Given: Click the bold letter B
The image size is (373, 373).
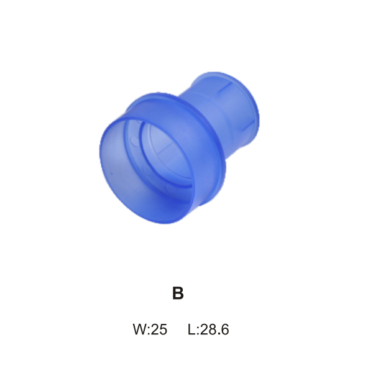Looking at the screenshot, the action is (178, 293).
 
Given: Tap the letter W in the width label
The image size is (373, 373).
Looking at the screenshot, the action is (140, 329).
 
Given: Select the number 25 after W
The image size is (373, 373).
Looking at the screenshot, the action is (159, 329).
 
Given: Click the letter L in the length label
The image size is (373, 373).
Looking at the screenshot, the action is (191, 329).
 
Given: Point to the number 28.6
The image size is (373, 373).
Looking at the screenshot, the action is (214, 329).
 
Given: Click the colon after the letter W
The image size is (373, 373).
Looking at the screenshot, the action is (150, 331).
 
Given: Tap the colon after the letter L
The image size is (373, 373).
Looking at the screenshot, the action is (198, 331).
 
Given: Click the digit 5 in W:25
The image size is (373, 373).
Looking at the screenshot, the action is (163, 329).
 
